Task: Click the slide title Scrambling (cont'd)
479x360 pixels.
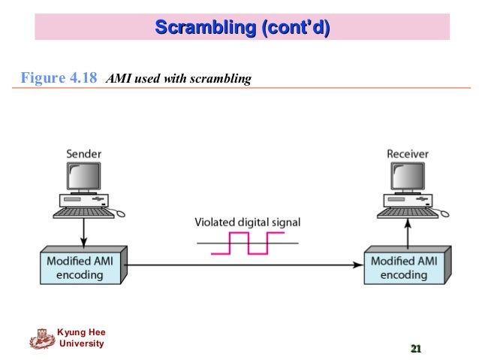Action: click(x=242, y=29)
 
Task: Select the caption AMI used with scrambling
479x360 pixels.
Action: click(x=179, y=78)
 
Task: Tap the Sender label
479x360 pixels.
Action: click(x=83, y=154)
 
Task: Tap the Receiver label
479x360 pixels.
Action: click(x=407, y=154)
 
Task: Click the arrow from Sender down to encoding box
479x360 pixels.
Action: click(x=83, y=234)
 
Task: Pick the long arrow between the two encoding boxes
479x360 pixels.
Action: click(x=240, y=265)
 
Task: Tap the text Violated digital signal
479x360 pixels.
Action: click(x=248, y=222)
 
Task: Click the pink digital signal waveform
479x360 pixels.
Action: click(x=248, y=243)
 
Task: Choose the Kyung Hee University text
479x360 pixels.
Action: click(x=81, y=338)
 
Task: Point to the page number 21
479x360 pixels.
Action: click(x=415, y=348)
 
